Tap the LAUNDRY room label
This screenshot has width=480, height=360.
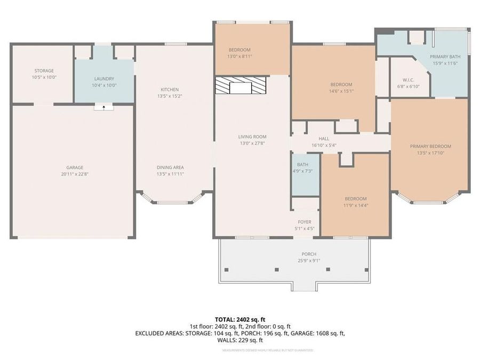[104, 79]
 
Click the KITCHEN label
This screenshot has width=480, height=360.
[170, 90]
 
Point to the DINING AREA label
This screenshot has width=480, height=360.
[170, 167]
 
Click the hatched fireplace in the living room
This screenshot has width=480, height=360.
[240, 85]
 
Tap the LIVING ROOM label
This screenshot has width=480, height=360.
[252, 137]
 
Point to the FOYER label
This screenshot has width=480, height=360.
[305, 222]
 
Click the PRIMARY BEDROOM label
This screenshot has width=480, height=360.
[430, 146]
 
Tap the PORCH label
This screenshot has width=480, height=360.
[309, 254]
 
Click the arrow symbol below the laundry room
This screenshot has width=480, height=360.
[104, 107]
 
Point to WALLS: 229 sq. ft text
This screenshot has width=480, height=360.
[240, 340]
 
